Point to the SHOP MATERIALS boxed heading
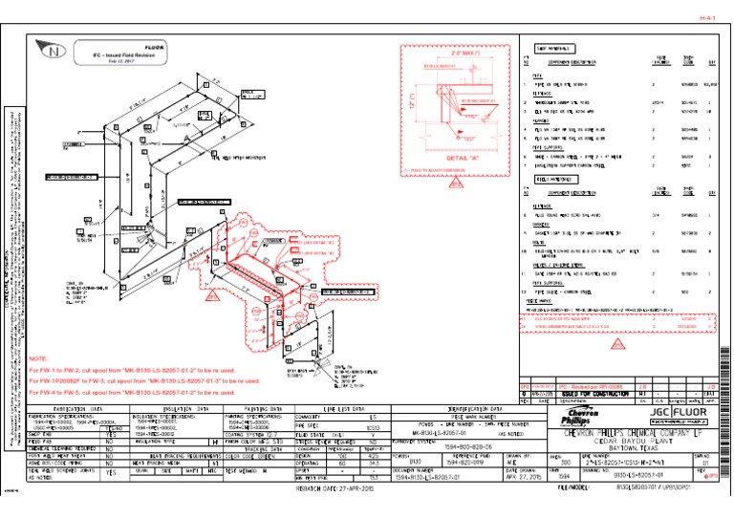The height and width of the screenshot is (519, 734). coord(554,47)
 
